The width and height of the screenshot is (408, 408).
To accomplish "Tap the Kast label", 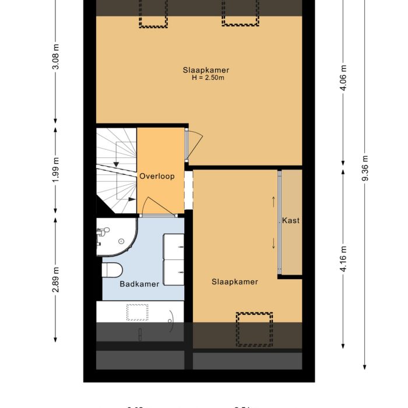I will click(x=290, y=220).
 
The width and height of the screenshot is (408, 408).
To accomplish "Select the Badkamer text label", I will click(x=139, y=284).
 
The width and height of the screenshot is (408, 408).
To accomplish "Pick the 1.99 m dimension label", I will click(x=56, y=170).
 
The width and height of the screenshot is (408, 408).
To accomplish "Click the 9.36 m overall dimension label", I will click(x=365, y=170).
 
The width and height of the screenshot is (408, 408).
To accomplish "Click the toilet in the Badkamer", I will click(x=111, y=269).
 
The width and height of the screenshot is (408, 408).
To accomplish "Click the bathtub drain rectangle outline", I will click(x=138, y=312).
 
